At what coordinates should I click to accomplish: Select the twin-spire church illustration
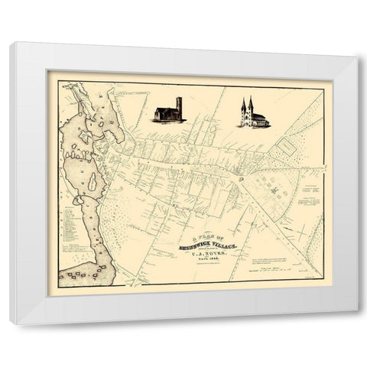(253, 114)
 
